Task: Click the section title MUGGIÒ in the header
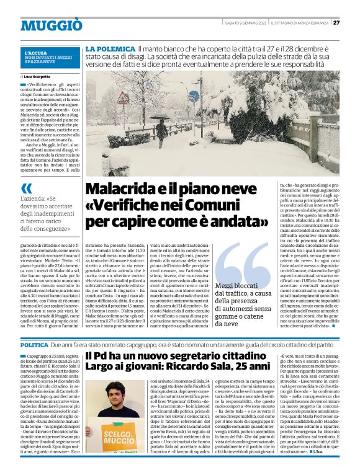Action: click(51, 25)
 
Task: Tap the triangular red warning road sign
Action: click(124, 98)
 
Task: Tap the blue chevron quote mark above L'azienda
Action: click(27, 188)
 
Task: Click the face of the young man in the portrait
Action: click(116, 388)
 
